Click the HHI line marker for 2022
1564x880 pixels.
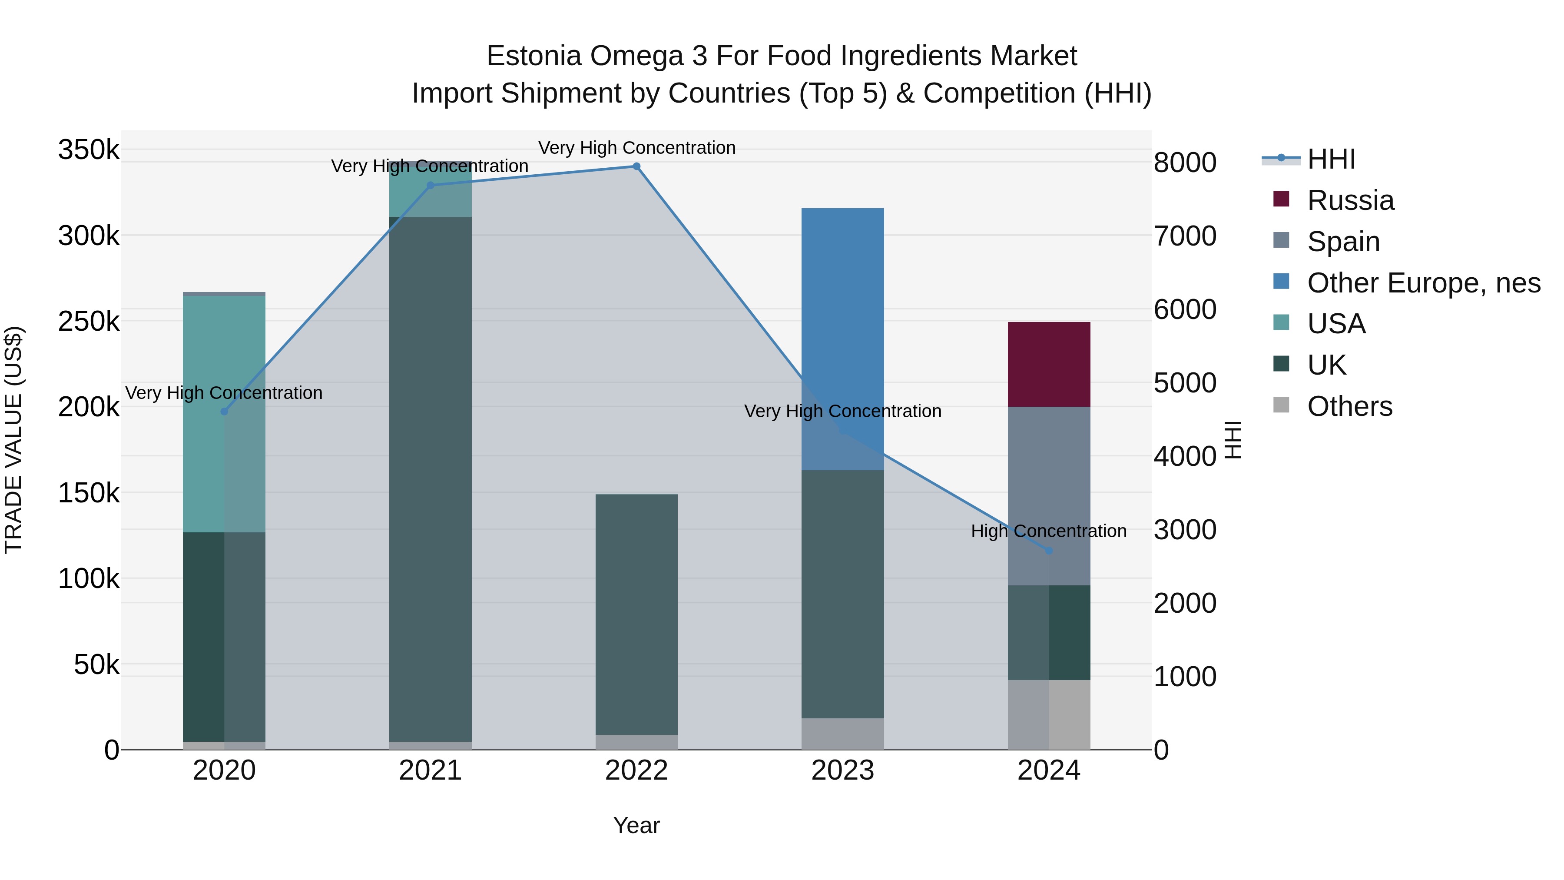636,166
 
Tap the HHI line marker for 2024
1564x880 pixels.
1049,551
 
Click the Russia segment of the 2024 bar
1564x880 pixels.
1049,365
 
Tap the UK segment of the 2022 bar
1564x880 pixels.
636,613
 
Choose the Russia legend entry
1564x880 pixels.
1350,200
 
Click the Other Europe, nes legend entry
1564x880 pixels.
1423,283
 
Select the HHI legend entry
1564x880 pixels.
1331,159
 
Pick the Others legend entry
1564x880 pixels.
1349,406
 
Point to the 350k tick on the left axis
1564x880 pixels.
89,149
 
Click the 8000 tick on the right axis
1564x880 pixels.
1185,163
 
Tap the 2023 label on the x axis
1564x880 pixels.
843,770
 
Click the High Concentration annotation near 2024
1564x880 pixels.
1049,531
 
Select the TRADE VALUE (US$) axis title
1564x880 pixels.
13,440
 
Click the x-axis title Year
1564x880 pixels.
636,825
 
